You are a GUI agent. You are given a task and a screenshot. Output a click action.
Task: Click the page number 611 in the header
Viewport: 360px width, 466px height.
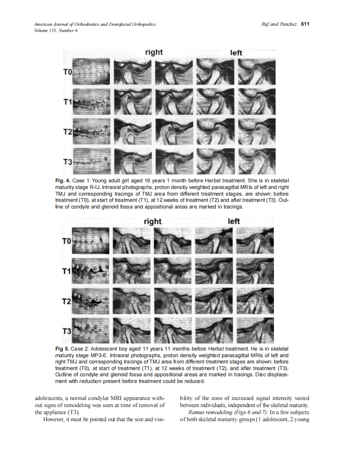(305, 24)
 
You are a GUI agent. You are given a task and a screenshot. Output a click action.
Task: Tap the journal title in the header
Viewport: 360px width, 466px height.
(95, 25)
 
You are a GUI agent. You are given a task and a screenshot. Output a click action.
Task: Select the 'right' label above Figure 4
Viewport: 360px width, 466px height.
(154, 52)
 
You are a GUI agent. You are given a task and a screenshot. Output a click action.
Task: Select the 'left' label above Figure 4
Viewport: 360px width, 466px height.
(236, 53)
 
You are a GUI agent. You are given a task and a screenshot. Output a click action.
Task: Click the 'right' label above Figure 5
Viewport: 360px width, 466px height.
(152, 221)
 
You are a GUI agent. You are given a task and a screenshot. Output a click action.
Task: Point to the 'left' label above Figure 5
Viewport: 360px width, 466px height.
(234, 221)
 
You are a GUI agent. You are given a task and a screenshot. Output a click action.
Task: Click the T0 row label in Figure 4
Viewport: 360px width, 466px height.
(67, 72)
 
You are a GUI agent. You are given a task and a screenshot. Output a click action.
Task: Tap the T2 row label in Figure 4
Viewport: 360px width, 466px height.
(67, 132)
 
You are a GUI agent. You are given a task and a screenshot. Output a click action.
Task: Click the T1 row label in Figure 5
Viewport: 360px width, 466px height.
(67, 271)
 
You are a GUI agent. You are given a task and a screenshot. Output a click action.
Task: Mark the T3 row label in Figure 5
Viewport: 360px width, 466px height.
(67, 331)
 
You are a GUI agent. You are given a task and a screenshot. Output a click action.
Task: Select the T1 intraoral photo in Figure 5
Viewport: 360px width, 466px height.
(91, 271)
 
